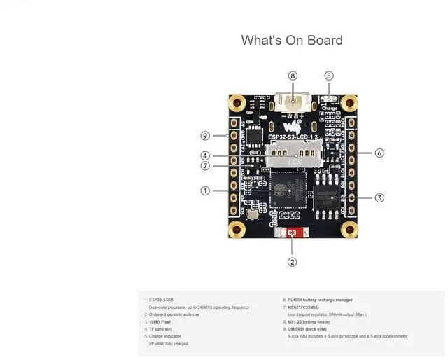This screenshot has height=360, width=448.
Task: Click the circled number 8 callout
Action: tap(293, 76)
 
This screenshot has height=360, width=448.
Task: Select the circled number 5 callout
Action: tap(329, 76)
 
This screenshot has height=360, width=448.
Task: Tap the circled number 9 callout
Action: tap(205, 136)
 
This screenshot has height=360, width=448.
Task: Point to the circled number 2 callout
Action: tap(293, 262)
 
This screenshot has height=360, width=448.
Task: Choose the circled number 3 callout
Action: tap(379, 198)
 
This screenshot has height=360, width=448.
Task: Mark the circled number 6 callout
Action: tap(379, 153)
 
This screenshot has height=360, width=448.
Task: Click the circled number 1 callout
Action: tap(205, 191)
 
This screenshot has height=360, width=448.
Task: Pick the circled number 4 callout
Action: tap(205, 155)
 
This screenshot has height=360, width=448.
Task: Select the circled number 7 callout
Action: tap(205, 166)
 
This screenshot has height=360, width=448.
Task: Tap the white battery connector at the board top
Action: tap(293, 102)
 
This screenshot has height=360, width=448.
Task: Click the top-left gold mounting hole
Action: tap(239, 104)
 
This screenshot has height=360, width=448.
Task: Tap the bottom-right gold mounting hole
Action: tap(348, 229)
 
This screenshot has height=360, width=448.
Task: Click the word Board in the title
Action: tap(323, 40)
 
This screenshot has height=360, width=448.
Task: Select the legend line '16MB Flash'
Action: tap(160, 322)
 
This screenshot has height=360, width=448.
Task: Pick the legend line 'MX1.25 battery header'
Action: tap(309, 322)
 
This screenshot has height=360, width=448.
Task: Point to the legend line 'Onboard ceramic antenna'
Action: tap(174, 314)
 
